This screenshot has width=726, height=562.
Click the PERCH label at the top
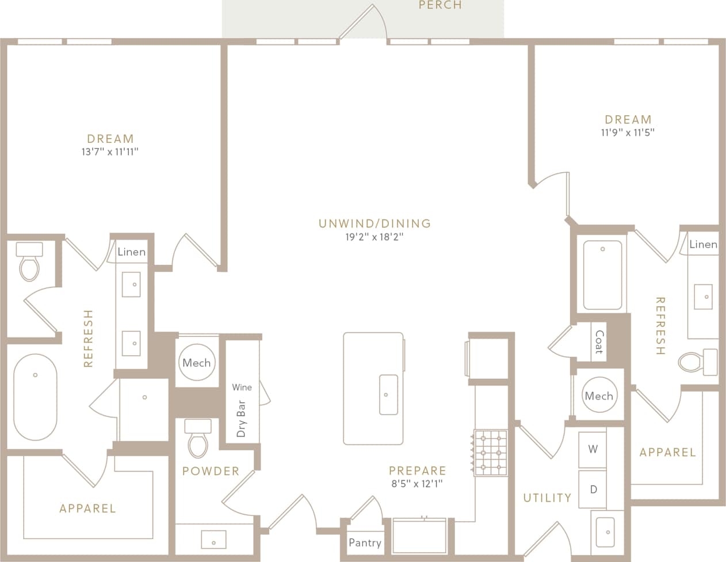tap(440, 5)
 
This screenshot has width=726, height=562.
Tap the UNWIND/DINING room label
tap(375, 223)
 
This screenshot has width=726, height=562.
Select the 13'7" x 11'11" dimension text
tap(110, 152)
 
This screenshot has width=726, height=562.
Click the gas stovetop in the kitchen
tap(491, 453)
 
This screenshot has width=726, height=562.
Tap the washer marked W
tap(593, 449)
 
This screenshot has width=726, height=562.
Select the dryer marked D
tap(593, 489)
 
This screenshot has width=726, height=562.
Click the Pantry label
tap(365, 542)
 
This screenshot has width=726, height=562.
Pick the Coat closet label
tap(599, 342)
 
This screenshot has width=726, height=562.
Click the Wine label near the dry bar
tap(242, 387)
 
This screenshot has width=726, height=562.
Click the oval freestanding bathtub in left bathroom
tap(35, 397)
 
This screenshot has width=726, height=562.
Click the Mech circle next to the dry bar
tap(197, 363)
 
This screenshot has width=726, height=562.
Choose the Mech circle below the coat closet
tap(599, 396)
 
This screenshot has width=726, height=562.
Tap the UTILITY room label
tap(547, 498)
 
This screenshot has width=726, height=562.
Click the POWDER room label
tap(211, 471)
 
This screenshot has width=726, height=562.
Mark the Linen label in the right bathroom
tap(703, 244)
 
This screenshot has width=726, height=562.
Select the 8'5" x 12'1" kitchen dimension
tap(417, 484)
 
